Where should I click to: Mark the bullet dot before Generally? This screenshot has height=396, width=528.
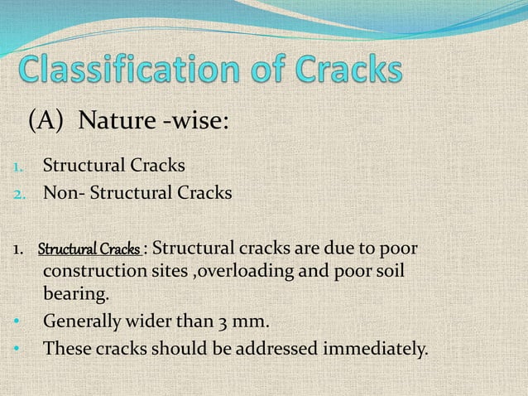coord(17,321)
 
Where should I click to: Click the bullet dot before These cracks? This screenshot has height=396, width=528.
coord(17,349)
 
